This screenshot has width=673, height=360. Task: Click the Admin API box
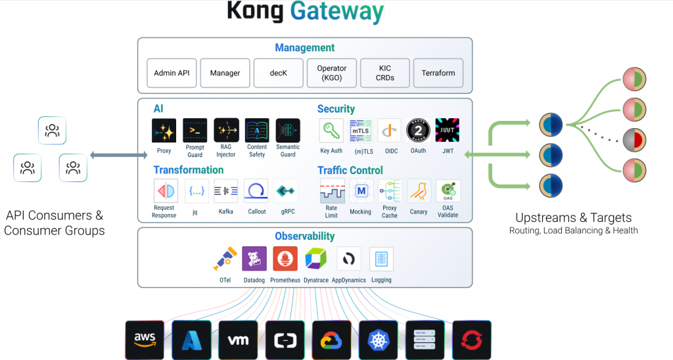click(172, 73)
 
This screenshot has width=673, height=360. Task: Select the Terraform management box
click(438, 73)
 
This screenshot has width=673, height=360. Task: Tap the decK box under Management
click(279, 73)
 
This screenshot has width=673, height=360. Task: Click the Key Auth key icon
click(331, 130)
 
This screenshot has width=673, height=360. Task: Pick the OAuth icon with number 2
click(418, 130)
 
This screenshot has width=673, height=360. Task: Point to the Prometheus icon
click(285, 259)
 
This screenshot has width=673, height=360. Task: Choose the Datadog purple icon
click(254, 259)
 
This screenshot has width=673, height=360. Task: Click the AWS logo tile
click(145, 339)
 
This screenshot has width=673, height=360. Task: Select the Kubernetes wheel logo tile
click(379, 339)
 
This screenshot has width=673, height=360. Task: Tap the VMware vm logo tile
click(238, 339)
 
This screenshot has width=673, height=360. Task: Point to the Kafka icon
click(226, 191)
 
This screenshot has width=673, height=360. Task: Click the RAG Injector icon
click(226, 130)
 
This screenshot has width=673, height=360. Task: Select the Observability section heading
click(305, 236)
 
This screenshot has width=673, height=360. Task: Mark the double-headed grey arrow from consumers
click(119, 155)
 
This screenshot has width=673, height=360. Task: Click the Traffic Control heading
click(350, 170)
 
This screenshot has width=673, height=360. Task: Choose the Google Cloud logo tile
click(332, 339)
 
